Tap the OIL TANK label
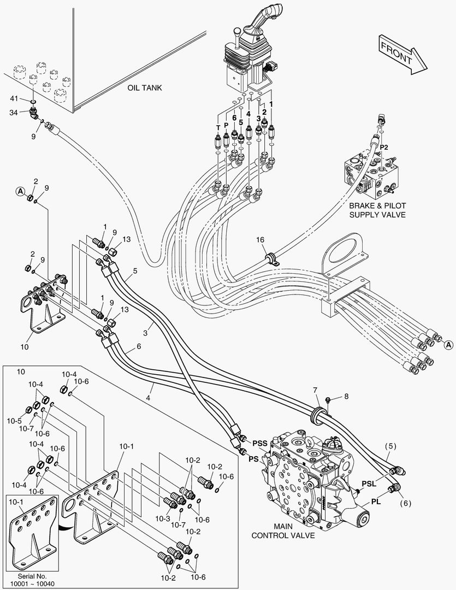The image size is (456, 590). click(145, 87)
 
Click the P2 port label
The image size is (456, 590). click(384, 147)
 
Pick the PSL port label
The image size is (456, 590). click(369, 484)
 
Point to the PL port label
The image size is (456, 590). click(376, 501)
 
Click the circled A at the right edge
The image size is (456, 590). click(448, 345)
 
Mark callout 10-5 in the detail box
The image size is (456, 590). click(14, 421)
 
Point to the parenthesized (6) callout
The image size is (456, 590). click(405, 503)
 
